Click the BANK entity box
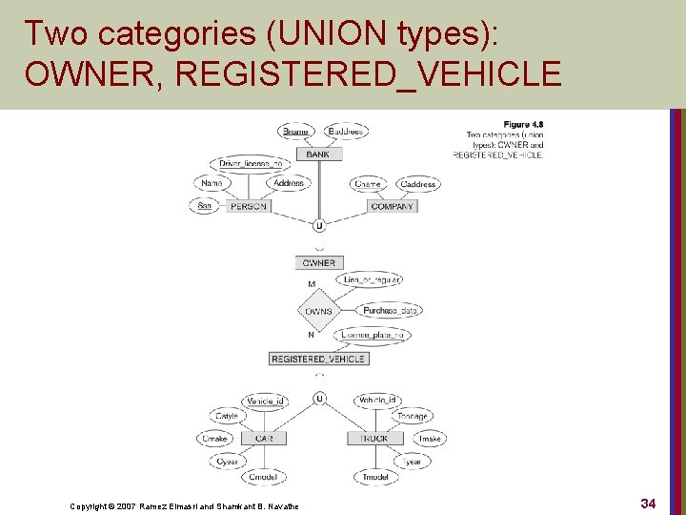318,154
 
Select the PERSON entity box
249,206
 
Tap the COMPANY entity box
393,206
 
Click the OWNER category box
318,262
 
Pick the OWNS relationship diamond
318,311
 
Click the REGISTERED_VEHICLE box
318,359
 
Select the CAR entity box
264,439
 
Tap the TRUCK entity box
374,439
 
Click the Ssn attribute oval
203,206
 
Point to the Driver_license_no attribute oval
250,163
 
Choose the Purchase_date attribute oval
392,310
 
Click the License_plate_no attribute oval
373,334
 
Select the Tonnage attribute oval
412,416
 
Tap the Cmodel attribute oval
263,477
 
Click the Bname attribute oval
296,131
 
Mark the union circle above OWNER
318,226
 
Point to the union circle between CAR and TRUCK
319,398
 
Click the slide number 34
648,502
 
